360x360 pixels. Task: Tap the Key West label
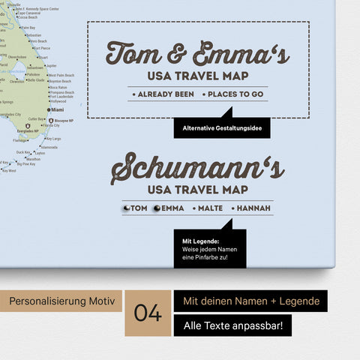point(9,171)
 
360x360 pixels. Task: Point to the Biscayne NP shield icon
point(50,120)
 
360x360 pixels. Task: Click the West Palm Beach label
point(61,75)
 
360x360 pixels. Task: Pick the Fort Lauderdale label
point(62,96)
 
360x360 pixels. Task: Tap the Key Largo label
point(52,139)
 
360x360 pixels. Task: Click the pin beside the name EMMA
point(157,208)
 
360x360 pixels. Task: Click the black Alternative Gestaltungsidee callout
point(221,127)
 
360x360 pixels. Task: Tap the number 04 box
point(148,313)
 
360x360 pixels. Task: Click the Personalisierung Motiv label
point(61,301)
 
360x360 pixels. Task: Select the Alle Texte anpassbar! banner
point(232,326)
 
